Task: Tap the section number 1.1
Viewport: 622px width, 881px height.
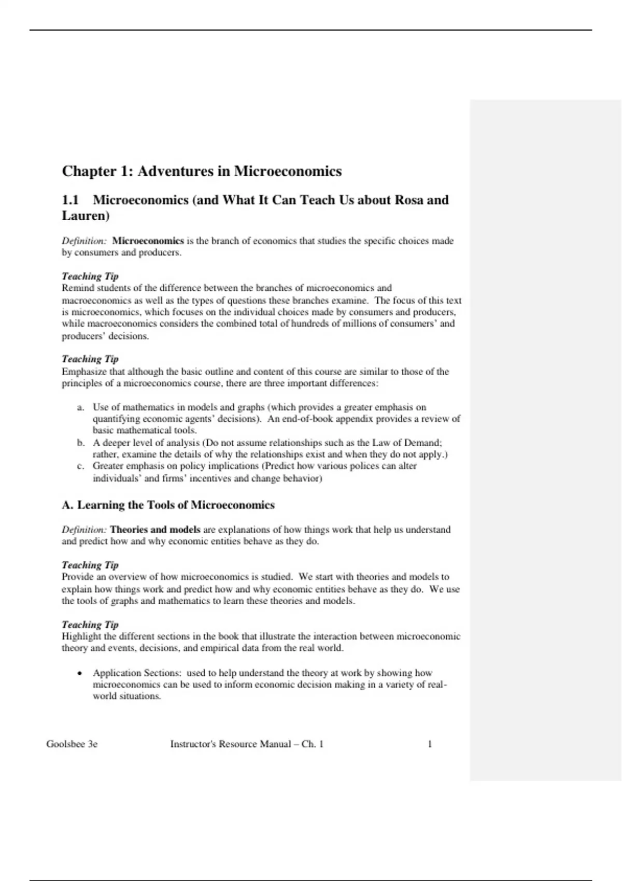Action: pos(70,200)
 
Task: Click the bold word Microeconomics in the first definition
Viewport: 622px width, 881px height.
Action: pos(148,241)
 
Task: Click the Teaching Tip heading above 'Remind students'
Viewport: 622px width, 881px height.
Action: pos(90,276)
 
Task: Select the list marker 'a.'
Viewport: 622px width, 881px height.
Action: pos(80,407)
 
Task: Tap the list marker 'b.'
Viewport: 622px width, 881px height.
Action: pos(80,443)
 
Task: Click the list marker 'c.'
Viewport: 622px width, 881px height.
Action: pos(80,466)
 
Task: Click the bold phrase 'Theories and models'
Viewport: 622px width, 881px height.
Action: pos(155,530)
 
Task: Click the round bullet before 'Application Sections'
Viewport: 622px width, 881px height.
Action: pos(79,674)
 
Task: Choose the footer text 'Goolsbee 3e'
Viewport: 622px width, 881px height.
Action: pos(72,744)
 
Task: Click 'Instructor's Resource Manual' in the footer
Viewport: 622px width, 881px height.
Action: pos(231,744)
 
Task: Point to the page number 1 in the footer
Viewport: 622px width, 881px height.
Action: pos(430,744)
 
